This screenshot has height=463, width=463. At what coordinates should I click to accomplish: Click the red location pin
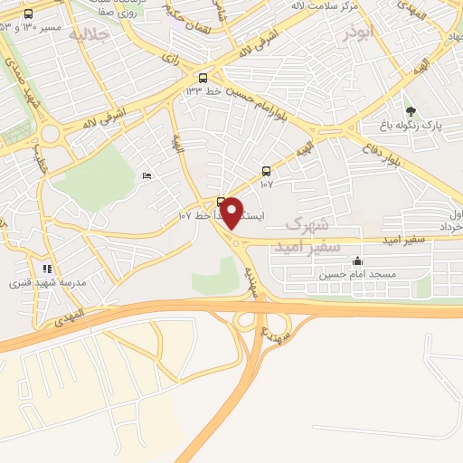232,213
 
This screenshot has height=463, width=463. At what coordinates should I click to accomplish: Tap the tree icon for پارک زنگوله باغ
411,112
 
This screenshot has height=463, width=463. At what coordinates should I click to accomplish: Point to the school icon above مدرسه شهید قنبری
47,269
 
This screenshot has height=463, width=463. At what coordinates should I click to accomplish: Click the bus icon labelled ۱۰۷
265,170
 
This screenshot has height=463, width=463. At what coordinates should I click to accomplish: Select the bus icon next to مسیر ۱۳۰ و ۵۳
28,14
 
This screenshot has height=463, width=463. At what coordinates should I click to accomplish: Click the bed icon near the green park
146,175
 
